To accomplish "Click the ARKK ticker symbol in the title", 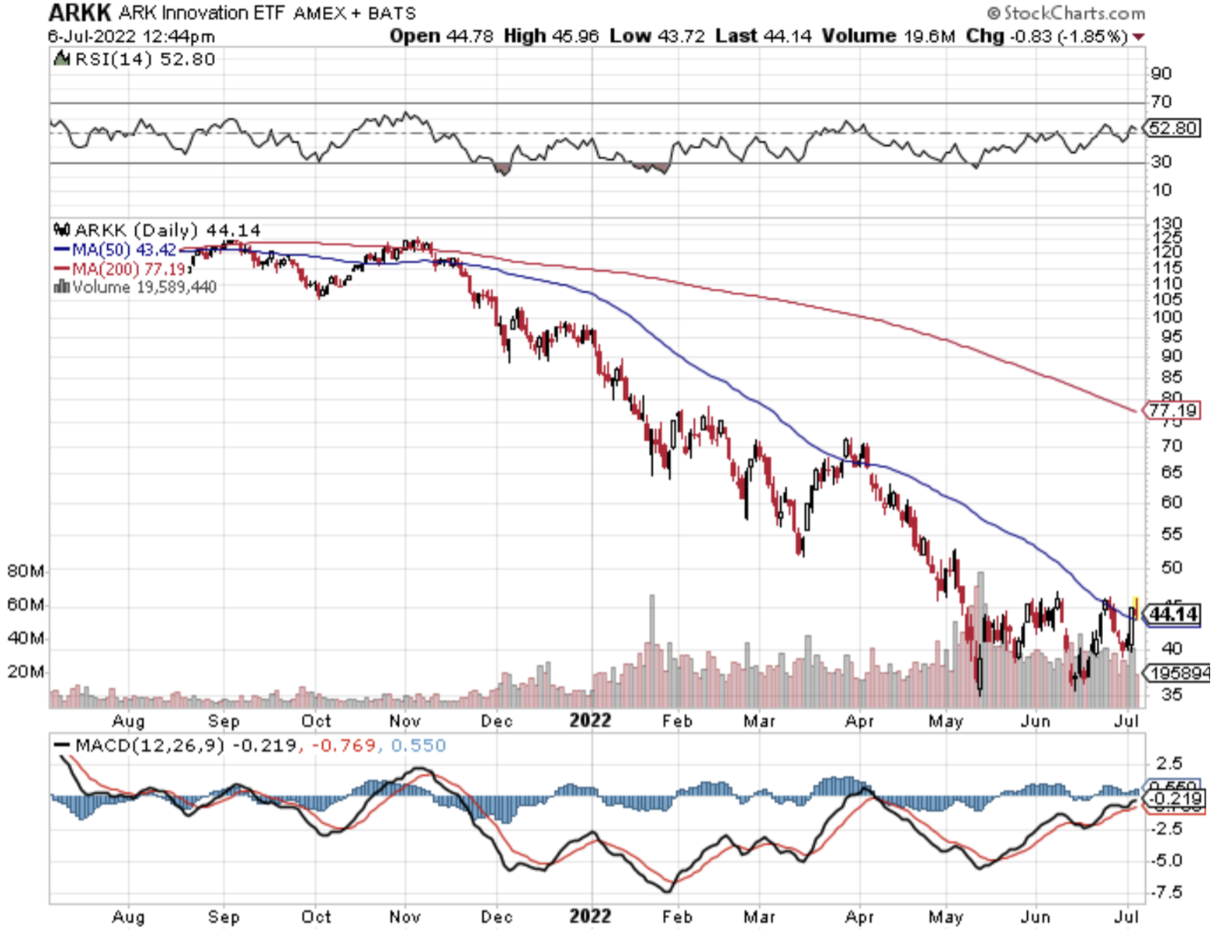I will click(x=80, y=12).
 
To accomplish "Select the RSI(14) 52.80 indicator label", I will click(x=144, y=59).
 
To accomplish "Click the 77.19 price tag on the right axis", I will click(x=1172, y=410).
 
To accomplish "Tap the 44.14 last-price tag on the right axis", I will click(x=1174, y=614).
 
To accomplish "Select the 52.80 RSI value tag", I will click(x=1173, y=128).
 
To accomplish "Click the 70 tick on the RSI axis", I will click(x=1161, y=102).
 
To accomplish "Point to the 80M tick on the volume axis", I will click(x=25, y=571).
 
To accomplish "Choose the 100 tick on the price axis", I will click(x=1166, y=317).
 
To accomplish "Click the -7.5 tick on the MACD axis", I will click(x=1167, y=892).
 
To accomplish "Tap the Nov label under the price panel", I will click(x=404, y=721).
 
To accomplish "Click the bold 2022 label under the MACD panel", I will click(x=590, y=916).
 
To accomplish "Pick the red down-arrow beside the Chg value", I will click(x=1138, y=37).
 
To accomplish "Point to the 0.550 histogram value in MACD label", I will click(x=418, y=746).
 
